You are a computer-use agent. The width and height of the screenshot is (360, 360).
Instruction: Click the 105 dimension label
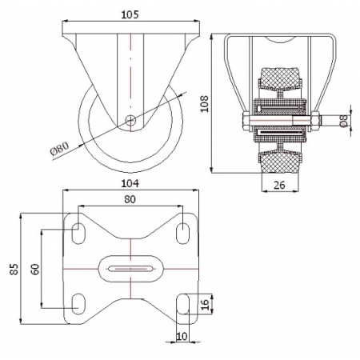coord(130,14)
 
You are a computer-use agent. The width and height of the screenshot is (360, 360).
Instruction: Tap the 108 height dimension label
coord(205,104)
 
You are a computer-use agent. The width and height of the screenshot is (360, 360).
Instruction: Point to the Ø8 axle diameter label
coord(344,120)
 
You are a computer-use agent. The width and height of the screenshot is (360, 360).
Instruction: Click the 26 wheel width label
coord(279,185)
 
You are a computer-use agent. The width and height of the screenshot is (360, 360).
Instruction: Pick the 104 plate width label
coord(130,183)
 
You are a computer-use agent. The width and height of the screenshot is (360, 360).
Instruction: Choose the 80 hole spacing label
coord(130,199)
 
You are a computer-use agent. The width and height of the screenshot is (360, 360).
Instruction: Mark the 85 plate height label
coord(14,269)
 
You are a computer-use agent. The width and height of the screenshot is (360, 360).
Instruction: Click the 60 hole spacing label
coord(35,269)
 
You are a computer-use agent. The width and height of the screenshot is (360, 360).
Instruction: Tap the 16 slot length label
coord(205,305)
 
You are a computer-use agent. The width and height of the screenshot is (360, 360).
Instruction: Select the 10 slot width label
coord(182,337)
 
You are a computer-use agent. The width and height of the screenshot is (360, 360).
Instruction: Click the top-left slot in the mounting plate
coord(78,234)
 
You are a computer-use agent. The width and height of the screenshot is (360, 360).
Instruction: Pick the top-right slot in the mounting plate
coord(182,234)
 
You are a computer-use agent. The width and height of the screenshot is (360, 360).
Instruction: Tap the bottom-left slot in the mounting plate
coord(78,304)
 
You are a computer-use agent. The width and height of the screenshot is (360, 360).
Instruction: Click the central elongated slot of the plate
coord(130,269)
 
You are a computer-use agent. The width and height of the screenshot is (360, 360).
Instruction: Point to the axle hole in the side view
coord(130,120)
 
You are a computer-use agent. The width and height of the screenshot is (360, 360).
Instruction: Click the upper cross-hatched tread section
coord(279,79)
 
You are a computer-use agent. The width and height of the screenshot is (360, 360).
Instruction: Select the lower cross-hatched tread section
coord(279,162)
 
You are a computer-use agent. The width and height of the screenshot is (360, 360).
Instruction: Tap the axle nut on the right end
coord(315,122)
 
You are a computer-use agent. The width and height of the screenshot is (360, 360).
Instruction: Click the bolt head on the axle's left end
coord(246,122)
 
